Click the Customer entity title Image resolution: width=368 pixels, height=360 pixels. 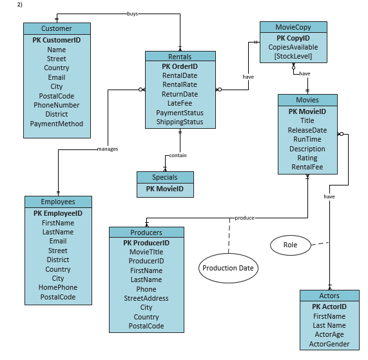[x=57, y=28]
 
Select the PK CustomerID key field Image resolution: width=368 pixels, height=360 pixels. [x=57, y=40]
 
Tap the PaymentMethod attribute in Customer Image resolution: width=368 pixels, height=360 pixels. [x=57, y=124]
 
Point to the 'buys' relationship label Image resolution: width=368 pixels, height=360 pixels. [x=132, y=14]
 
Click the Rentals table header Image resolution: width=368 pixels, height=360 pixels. [x=180, y=57]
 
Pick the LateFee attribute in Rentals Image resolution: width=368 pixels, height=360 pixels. [x=180, y=103]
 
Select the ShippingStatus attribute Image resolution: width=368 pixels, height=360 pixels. [x=180, y=122]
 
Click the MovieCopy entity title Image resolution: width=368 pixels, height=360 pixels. [x=293, y=27]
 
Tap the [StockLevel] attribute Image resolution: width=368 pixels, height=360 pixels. [x=293, y=57]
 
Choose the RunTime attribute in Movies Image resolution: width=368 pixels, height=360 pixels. [x=307, y=139]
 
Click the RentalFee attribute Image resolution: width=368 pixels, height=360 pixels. [x=307, y=167]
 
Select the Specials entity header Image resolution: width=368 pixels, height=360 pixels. [x=165, y=177]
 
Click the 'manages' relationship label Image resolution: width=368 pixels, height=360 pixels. [x=107, y=149]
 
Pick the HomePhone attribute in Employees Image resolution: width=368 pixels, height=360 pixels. [x=58, y=288]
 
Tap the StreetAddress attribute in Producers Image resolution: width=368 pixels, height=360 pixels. [x=146, y=298]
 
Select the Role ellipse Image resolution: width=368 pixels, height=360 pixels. [x=290, y=245]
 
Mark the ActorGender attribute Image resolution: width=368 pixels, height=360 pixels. [x=329, y=344]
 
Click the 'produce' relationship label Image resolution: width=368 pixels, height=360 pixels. [x=244, y=218]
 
